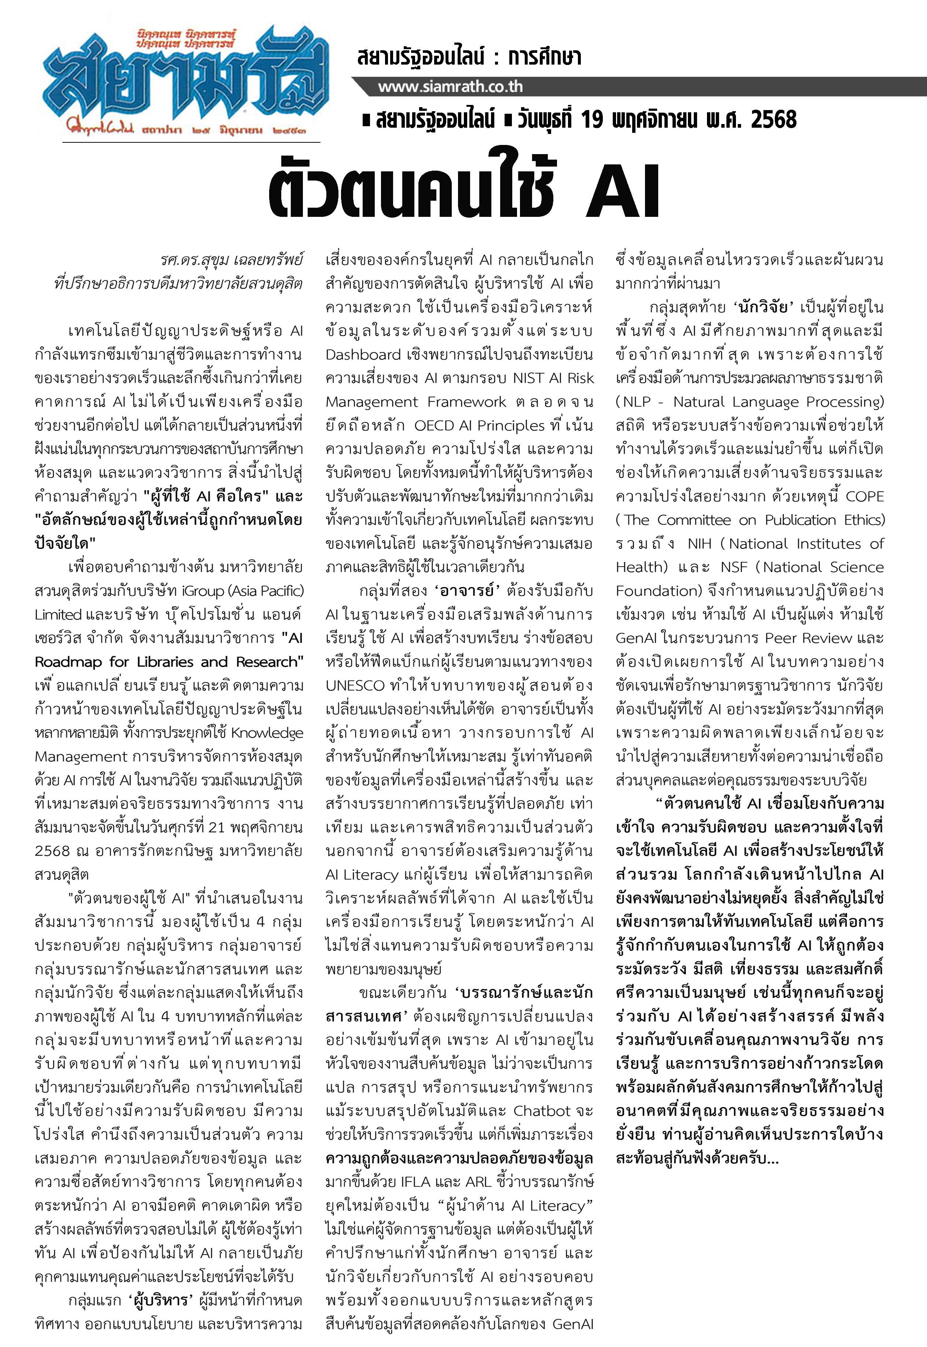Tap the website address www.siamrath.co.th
pyautogui.click(x=450, y=87)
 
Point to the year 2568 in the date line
pyautogui.click(x=773, y=120)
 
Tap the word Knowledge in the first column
pyautogui.click(x=267, y=733)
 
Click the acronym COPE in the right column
pyautogui.click(x=864, y=496)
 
